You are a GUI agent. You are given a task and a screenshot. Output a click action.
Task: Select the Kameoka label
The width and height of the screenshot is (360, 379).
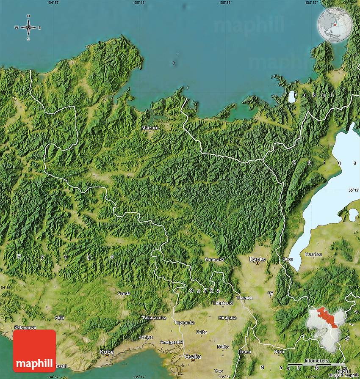click(214, 259)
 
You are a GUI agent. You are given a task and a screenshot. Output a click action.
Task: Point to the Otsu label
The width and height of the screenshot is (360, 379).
click(287, 259)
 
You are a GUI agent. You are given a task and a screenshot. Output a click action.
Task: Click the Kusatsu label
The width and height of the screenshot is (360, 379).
click(313, 254)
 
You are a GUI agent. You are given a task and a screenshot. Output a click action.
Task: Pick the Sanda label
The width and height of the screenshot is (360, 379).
click(124, 293)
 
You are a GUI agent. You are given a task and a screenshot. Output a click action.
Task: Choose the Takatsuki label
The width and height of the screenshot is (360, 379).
click(223, 303)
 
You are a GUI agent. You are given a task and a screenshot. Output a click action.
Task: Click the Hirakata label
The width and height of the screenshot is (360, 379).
click(227, 317)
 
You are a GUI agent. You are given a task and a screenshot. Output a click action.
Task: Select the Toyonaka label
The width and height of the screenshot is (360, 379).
click(184, 323)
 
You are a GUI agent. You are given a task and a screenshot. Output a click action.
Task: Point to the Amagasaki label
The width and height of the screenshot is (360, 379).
click(172, 342)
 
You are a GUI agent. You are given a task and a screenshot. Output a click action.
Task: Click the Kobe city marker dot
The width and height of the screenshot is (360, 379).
click(106, 355)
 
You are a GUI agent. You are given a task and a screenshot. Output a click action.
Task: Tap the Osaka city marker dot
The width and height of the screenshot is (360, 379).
click(193, 360)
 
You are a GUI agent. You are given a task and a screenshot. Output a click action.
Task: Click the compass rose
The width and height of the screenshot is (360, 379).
click(28, 28)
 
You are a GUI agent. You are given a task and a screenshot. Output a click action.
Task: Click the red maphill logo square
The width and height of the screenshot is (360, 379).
click(34, 351)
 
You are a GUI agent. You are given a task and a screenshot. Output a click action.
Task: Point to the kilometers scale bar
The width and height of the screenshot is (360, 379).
click(316, 364)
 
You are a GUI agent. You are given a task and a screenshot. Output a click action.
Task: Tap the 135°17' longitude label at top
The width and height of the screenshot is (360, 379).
click(139, 3)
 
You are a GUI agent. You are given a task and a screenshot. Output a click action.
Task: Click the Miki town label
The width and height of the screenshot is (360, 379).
click(60, 317)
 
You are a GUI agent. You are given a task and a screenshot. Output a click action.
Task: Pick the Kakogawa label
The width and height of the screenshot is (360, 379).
click(25, 327)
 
